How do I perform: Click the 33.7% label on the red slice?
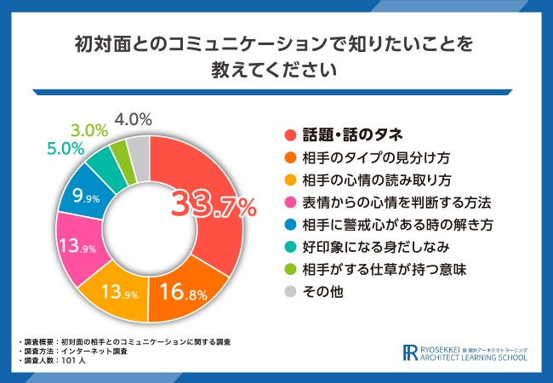coord(214,205)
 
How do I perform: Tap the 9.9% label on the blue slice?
coord(87,197)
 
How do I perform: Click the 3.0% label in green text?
coord(88,130)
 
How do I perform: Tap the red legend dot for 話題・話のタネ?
coord(289,134)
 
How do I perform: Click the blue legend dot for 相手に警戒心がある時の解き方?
coord(289,226)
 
